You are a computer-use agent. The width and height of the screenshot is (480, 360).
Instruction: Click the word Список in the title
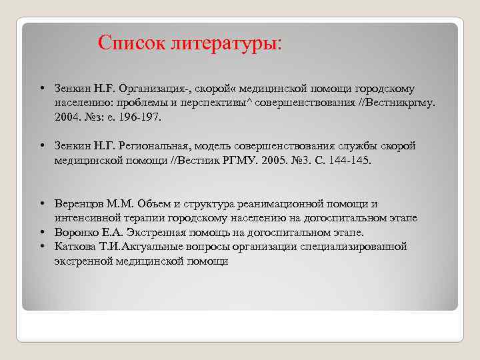pyautogui.click(x=131, y=43)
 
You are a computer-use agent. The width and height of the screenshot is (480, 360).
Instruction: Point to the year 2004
pyautogui.click(x=67, y=117)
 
